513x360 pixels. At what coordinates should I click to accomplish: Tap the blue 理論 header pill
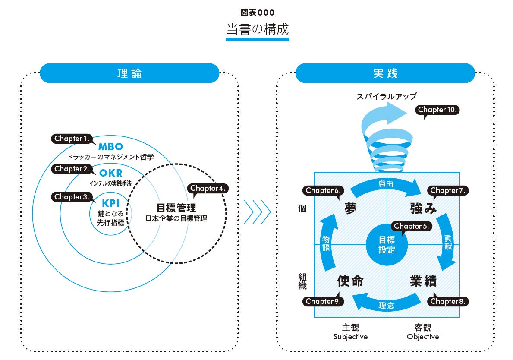tap(129, 73)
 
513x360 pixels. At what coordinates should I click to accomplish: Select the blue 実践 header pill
tap(385, 73)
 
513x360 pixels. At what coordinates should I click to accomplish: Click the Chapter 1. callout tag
tap(72, 139)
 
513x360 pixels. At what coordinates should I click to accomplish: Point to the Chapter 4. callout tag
tap(208, 188)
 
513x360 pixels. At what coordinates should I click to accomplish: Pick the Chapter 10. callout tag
tap(437, 110)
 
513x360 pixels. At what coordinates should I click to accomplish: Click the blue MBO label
tap(110, 146)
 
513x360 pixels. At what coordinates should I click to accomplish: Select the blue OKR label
tap(110, 173)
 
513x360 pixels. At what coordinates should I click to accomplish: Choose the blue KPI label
tap(110, 203)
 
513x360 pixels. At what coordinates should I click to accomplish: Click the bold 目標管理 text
tap(176, 208)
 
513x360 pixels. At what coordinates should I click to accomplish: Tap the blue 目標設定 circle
tap(387, 245)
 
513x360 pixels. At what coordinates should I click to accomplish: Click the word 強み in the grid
tap(423, 209)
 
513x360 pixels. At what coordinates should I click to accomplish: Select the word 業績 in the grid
tap(423, 281)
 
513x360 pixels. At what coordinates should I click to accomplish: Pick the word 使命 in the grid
tap(350, 281)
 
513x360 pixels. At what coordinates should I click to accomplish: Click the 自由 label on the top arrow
tap(386, 183)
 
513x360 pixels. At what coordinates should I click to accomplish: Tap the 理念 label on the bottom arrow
tap(387, 306)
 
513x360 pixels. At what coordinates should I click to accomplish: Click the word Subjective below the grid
tap(350, 337)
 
